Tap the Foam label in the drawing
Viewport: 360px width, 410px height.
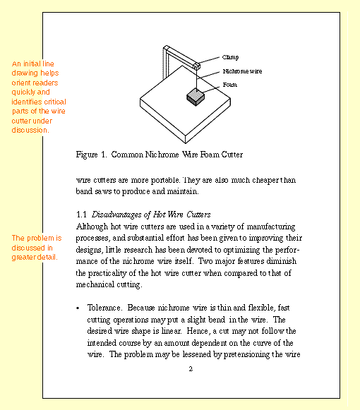tap(229, 85)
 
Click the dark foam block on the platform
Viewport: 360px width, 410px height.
tap(196, 97)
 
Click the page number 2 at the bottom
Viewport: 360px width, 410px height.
tap(190, 369)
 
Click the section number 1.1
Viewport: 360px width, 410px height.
tap(80, 214)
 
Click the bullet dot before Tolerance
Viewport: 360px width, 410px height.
tap(77, 309)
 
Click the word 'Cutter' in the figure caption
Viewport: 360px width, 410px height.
tap(229, 154)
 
